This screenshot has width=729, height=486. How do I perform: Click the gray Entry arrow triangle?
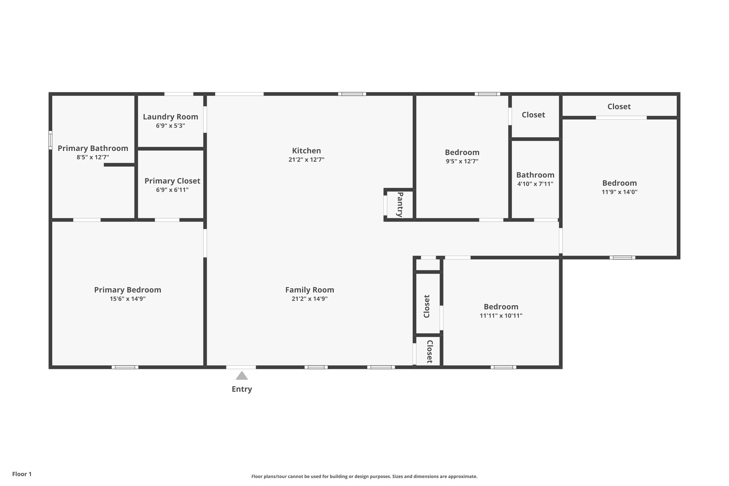[242, 376]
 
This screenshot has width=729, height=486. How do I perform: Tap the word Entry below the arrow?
[242, 389]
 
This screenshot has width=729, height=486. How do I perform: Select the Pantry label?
[400, 204]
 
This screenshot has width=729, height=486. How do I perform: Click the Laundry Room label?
[171, 117]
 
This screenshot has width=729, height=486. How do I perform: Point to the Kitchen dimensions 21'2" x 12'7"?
[306, 160]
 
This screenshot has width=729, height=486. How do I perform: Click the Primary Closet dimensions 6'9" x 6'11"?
[172, 190]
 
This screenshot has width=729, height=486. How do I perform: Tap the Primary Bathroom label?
[93, 148]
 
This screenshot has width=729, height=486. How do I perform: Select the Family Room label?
[309, 290]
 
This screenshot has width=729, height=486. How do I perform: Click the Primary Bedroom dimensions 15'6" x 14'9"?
[127, 299]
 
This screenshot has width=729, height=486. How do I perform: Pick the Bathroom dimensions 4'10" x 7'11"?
[535, 184]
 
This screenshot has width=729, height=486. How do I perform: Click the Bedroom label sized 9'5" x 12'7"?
[462, 152]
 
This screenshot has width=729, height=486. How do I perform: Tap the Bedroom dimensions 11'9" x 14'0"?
[619, 192]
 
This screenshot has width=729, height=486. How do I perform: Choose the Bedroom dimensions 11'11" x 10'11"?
[501, 315]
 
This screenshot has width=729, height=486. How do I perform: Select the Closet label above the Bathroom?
[533, 115]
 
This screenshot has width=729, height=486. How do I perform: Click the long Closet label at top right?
[619, 106]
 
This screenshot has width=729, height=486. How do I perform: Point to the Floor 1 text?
[22, 474]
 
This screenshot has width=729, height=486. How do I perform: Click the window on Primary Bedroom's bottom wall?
[125, 367]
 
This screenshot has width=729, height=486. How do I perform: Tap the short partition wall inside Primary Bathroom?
[119, 165]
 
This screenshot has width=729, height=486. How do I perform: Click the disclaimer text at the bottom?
[364, 476]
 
